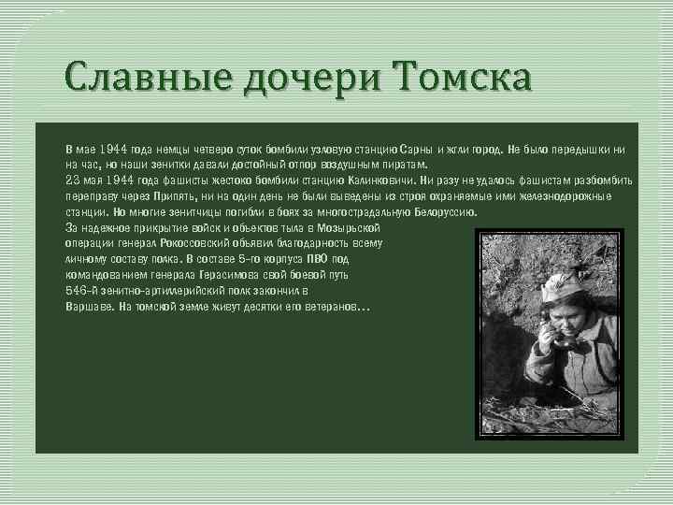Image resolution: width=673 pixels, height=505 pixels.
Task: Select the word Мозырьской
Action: (x=348, y=228)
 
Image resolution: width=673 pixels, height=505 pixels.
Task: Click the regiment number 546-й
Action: (x=83, y=291)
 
